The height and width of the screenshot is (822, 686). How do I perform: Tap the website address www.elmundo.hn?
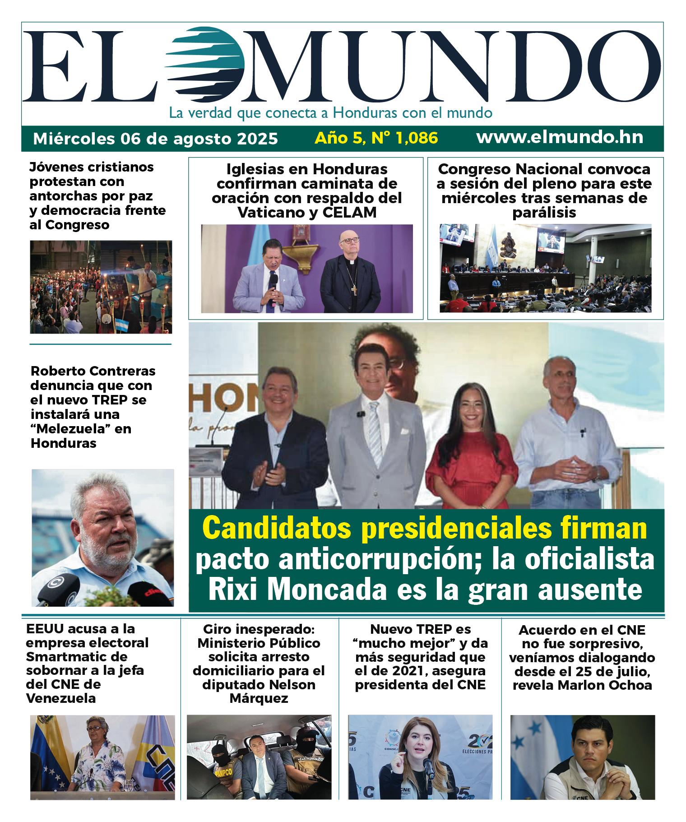point(560,137)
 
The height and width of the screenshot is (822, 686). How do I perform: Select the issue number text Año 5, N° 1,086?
point(376,138)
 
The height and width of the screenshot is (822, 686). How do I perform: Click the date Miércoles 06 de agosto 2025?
point(155,138)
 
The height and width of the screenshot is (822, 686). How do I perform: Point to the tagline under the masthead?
point(330,112)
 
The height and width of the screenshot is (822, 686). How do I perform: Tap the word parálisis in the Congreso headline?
point(544,213)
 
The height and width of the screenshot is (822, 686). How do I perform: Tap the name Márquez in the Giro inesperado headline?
point(259,699)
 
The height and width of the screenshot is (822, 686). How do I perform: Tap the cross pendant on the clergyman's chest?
point(354,290)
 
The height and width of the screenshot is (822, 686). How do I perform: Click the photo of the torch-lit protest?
point(101,287)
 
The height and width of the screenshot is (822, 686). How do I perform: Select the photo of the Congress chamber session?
point(545,268)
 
